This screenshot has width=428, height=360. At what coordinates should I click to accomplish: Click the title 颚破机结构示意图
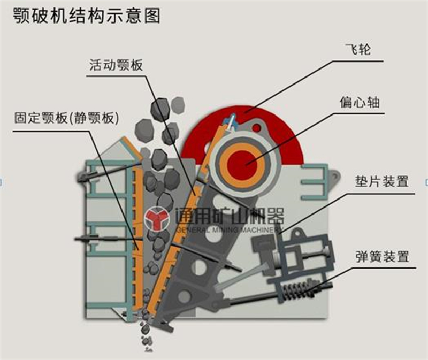pos(87,16)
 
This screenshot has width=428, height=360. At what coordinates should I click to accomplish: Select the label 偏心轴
pos(360,103)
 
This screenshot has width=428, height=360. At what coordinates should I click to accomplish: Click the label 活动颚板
pos(116,65)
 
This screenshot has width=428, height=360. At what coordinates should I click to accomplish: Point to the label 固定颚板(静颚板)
pos(66,118)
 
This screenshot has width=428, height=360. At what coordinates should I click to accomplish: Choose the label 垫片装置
pos(382,181)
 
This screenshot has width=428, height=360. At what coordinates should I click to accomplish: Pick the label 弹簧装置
pos(382,256)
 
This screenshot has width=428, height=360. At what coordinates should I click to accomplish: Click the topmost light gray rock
pos(178,105)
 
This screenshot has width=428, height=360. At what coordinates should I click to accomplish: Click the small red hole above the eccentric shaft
pos(256,128)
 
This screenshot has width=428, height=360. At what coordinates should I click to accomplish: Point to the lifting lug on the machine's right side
pos(335,178)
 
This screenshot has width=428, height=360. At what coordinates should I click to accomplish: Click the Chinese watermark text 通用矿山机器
pos(230,216)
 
